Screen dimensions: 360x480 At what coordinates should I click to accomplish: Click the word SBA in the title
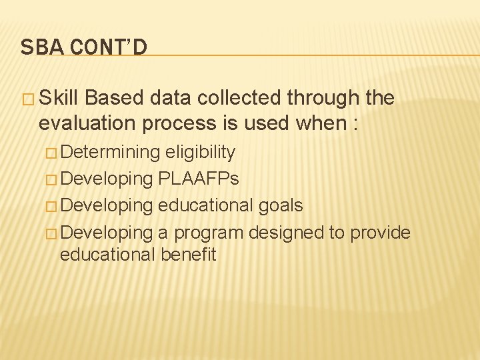[37, 47]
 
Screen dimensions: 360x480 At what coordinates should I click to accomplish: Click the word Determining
[113, 153]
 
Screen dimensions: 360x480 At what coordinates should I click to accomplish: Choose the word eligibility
[201, 153]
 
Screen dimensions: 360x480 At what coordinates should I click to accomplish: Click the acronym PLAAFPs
[199, 179]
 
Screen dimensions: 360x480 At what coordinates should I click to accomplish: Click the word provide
[380, 233]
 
